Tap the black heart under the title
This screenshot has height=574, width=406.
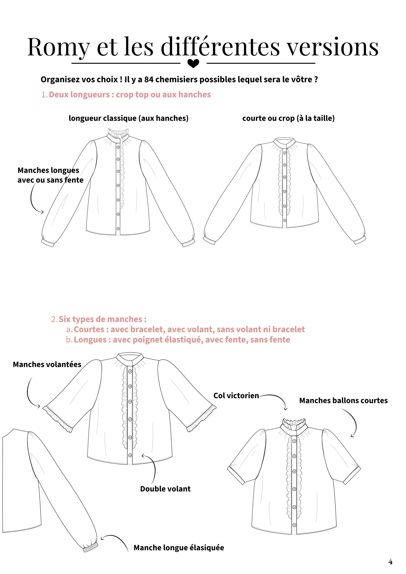click(x=193, y=63)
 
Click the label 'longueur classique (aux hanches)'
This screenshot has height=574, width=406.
click(x=129, y=118)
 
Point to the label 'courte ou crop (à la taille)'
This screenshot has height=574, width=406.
click(x=288, y=118)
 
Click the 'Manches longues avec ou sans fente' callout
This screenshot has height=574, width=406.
click(x=50, y=175)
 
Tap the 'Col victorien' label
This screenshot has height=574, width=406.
click(x=236, y=395)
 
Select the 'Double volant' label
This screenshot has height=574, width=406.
click(x=165, y=489)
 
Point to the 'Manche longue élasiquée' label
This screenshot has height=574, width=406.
click(x=179, y=548)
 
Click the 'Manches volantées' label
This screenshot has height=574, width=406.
click(x=47, y=364)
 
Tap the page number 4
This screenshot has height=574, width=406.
click(x=390, y=562)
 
